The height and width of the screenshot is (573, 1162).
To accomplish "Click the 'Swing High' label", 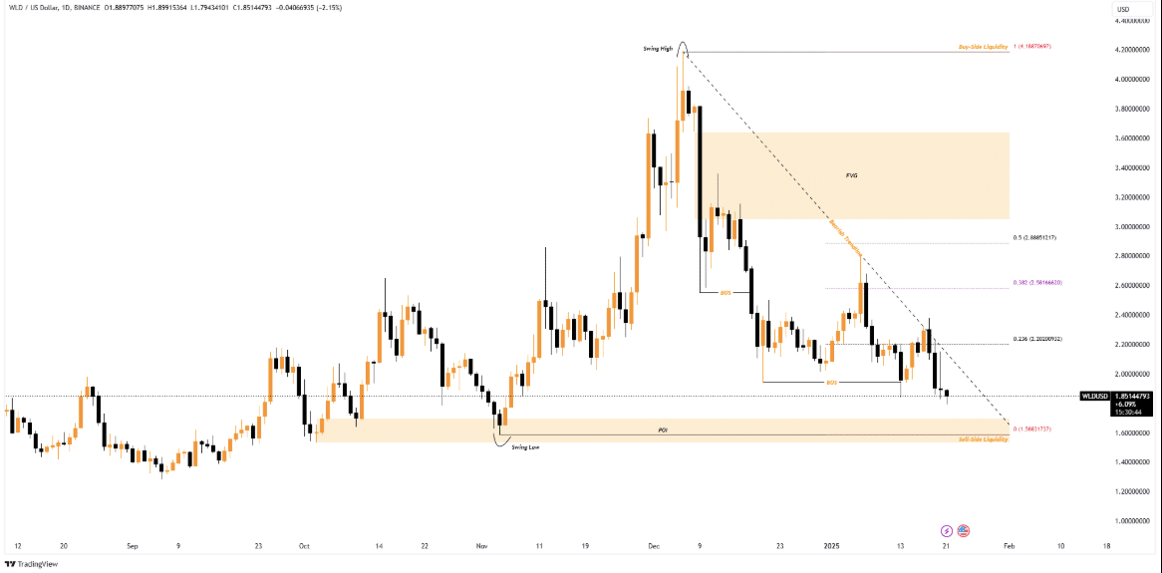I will coord(657,49).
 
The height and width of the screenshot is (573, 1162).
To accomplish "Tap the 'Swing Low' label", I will coord(526,448).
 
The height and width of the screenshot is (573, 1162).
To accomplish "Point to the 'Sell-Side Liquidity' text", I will coord(983,439).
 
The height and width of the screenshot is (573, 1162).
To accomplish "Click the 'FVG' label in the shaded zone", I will coord(851,175).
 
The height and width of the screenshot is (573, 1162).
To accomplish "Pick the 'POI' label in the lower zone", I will coord(662,430).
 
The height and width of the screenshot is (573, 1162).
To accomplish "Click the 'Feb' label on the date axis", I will coord(1009,546).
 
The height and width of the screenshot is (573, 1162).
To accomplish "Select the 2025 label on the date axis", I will coord(832,546).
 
